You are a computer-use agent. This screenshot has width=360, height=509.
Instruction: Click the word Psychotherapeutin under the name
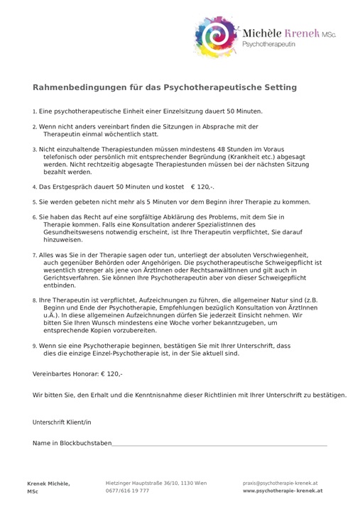(x=269, y=44)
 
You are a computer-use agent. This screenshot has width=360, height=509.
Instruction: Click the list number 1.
(x=35, y=112)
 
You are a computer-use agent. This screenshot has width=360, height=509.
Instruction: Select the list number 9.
(x=35, y=346)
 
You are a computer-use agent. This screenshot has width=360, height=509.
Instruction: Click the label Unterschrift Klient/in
(x=62, y=422)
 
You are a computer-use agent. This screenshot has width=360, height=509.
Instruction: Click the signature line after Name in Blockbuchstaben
(x=219, y=445)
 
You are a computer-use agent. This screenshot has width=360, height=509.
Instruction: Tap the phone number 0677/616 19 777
(x=127, y=491)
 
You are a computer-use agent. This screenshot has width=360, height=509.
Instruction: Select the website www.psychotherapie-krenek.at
(x=283, y=491)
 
